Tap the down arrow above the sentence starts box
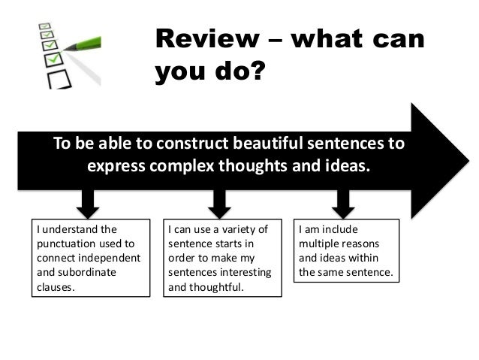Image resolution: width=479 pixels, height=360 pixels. (x=218, y=201)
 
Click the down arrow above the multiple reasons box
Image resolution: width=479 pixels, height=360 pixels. (x=344, y=201)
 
